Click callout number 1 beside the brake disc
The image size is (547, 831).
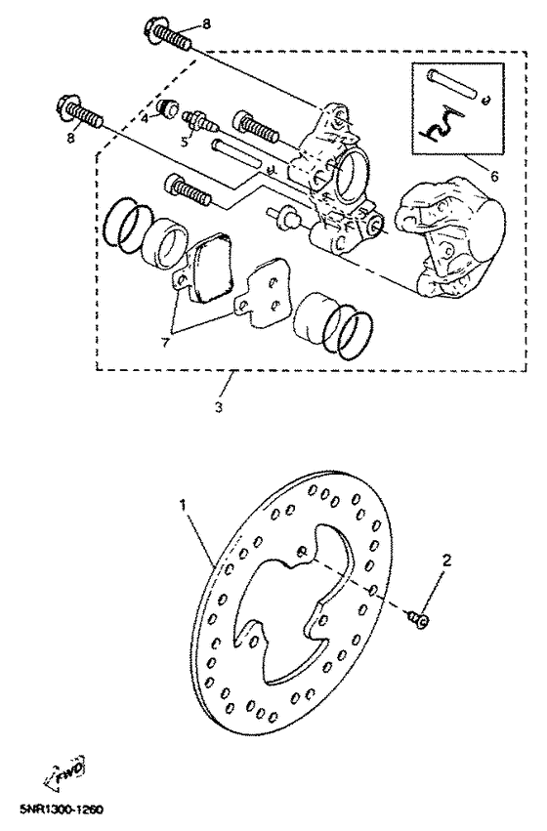click(181, 507)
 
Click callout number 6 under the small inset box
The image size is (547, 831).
click(492, 179)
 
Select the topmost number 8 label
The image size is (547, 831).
click(205, 22)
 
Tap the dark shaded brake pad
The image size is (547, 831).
click(213, 264)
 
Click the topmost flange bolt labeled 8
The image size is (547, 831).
click(172, 36)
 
